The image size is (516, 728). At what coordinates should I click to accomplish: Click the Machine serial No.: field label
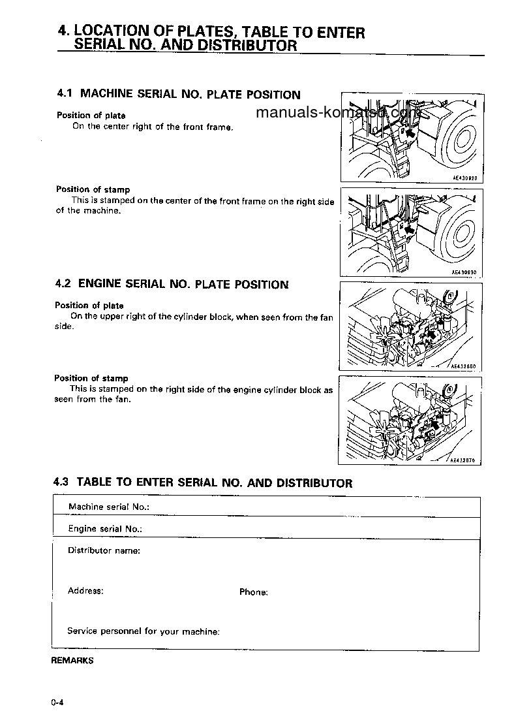pos(109,507)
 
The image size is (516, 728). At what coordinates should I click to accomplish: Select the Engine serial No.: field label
pos(105,529)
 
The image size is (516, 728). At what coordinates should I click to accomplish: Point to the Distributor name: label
pos(104,550)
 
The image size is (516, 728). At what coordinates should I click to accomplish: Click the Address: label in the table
pos(85,591)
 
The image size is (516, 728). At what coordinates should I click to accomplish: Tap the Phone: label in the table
pos(253,592)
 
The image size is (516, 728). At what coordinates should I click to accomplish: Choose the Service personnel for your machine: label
pos(143,631)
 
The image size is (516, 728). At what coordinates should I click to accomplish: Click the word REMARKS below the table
pos(72,660)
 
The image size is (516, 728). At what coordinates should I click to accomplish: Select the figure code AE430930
pos(464,272)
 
